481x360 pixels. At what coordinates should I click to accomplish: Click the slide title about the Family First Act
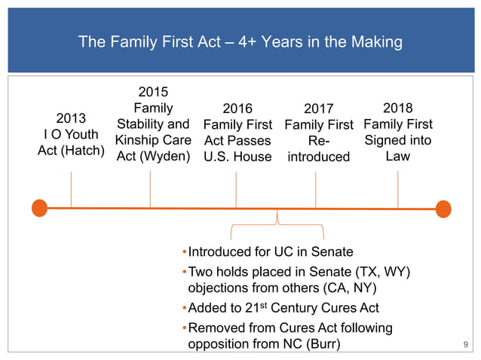240,43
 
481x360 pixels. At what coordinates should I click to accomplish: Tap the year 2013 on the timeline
71,118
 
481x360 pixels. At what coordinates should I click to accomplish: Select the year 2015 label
153,90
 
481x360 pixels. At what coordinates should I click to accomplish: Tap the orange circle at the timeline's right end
443,208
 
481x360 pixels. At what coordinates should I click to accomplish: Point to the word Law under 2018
397,156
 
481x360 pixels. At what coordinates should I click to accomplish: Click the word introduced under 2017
318,157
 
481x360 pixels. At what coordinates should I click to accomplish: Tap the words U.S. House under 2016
237,157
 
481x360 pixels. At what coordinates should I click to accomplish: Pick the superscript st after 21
256,304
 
